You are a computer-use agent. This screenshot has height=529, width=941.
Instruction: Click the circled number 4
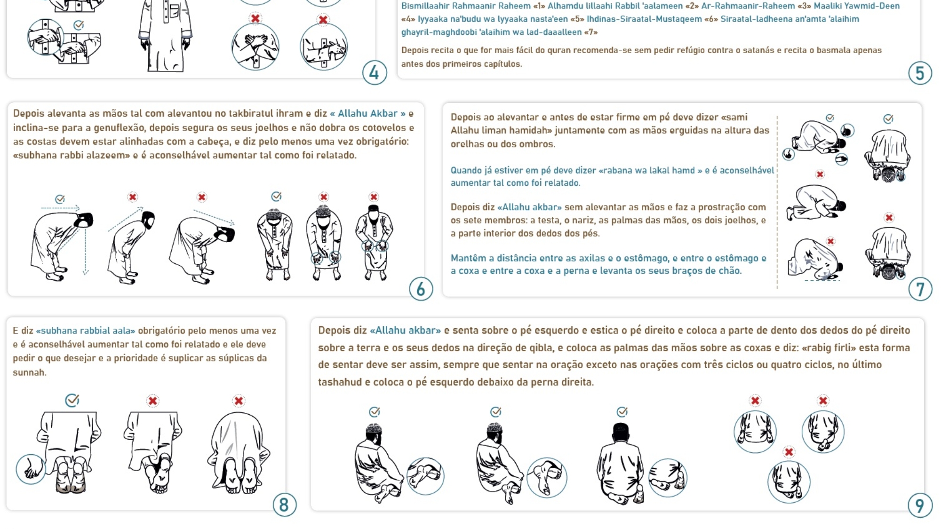(375, 72)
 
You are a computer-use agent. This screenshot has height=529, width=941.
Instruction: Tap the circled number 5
(920, 73)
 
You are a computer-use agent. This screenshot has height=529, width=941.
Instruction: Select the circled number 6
(421, 289)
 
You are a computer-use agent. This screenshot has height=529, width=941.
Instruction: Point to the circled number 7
(920, 289)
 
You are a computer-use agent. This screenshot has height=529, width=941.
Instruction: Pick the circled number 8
(284, 505)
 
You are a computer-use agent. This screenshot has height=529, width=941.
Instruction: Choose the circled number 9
(920, 505)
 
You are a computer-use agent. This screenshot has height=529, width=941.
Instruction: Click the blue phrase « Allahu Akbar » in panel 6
(368, 113)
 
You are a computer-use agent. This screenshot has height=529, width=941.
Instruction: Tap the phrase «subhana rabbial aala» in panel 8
(86, 331)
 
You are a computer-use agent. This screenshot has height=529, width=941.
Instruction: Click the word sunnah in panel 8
(29, 372)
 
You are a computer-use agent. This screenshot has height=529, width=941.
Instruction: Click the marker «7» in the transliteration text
(591, 32)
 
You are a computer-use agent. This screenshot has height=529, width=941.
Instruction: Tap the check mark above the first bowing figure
(60, 199)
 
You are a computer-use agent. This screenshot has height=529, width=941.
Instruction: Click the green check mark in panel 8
(72, 400)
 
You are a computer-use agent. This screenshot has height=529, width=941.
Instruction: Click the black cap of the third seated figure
(621, 429)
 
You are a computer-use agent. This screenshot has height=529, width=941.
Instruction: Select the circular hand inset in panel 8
(31, 469)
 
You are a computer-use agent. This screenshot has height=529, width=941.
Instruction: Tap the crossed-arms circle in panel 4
(255, 47)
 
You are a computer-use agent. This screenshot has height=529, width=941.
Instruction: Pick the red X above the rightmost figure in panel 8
(239, 401)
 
